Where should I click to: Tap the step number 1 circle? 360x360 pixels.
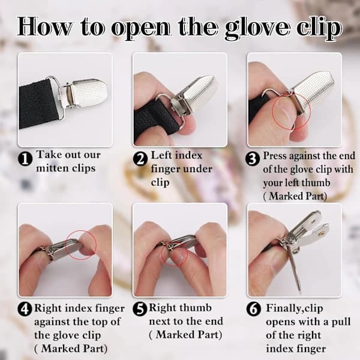click(25, 158)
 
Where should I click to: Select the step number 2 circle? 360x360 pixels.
click(140, 158)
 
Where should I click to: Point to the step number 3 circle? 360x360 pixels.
click(253, 158)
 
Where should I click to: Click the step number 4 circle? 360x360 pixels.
click(25, 309)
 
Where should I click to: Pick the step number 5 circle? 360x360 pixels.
click(140, 309)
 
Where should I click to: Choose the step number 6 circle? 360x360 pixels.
click(253, 309)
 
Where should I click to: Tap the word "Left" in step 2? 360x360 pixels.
click(162, 155)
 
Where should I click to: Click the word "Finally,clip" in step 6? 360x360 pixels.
click(295, 308)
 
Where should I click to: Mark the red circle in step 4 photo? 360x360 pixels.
click(81, 245)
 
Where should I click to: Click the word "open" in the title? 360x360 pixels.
click(141, 29)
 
